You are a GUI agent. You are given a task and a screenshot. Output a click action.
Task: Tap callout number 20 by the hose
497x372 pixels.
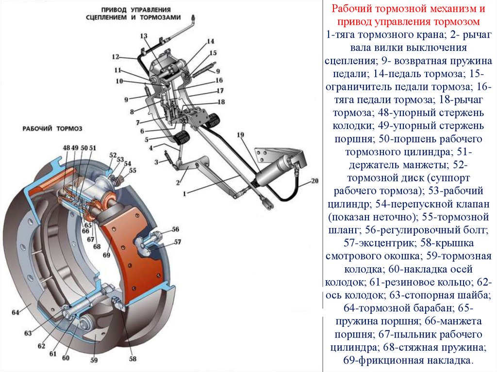tap(314, 181)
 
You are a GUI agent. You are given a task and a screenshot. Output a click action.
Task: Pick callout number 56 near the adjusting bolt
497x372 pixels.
tap(175, 229)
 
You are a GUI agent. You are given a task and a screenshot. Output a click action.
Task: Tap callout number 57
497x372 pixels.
tap(178, 242)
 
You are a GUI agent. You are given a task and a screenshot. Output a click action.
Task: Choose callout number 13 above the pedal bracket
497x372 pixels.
tap(144, 36)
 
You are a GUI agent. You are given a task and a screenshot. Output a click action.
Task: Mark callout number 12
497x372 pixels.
tap(115, 57)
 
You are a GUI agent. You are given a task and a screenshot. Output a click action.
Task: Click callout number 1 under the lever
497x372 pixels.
tap(184, 193)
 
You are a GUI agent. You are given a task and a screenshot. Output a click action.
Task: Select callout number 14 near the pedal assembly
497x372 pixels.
tap(210, 41)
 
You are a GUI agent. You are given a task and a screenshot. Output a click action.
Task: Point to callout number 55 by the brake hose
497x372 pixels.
tap(133, 170)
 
